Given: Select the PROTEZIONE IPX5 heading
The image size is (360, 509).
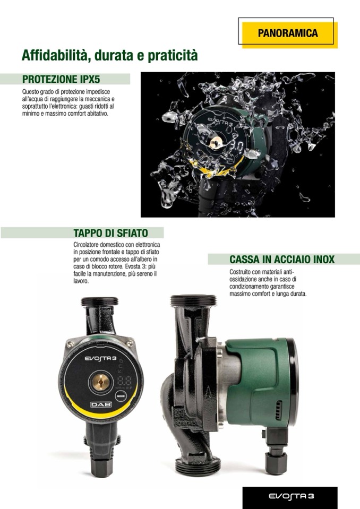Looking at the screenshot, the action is coord(61,79).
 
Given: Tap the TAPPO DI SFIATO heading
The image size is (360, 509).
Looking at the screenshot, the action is coord(110,233).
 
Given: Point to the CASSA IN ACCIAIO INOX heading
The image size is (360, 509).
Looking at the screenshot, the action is coord(282,260).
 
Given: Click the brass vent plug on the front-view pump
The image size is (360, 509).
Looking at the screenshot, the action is coord(101,381).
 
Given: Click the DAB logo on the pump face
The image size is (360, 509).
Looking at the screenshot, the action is coord(101,404).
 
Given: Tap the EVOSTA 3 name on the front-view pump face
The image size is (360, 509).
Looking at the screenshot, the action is coord(101,358).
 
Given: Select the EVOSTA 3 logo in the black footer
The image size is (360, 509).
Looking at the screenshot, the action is coord(291,496).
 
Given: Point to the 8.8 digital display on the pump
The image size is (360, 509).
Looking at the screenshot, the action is coord(124,381).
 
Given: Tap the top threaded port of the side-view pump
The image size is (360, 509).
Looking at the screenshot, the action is coord(193,300).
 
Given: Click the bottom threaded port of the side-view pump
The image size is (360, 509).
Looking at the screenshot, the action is coord(198,465).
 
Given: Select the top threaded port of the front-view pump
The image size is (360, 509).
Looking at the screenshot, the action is coord(100,301).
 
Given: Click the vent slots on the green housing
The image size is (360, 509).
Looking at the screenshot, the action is coord(278,410).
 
